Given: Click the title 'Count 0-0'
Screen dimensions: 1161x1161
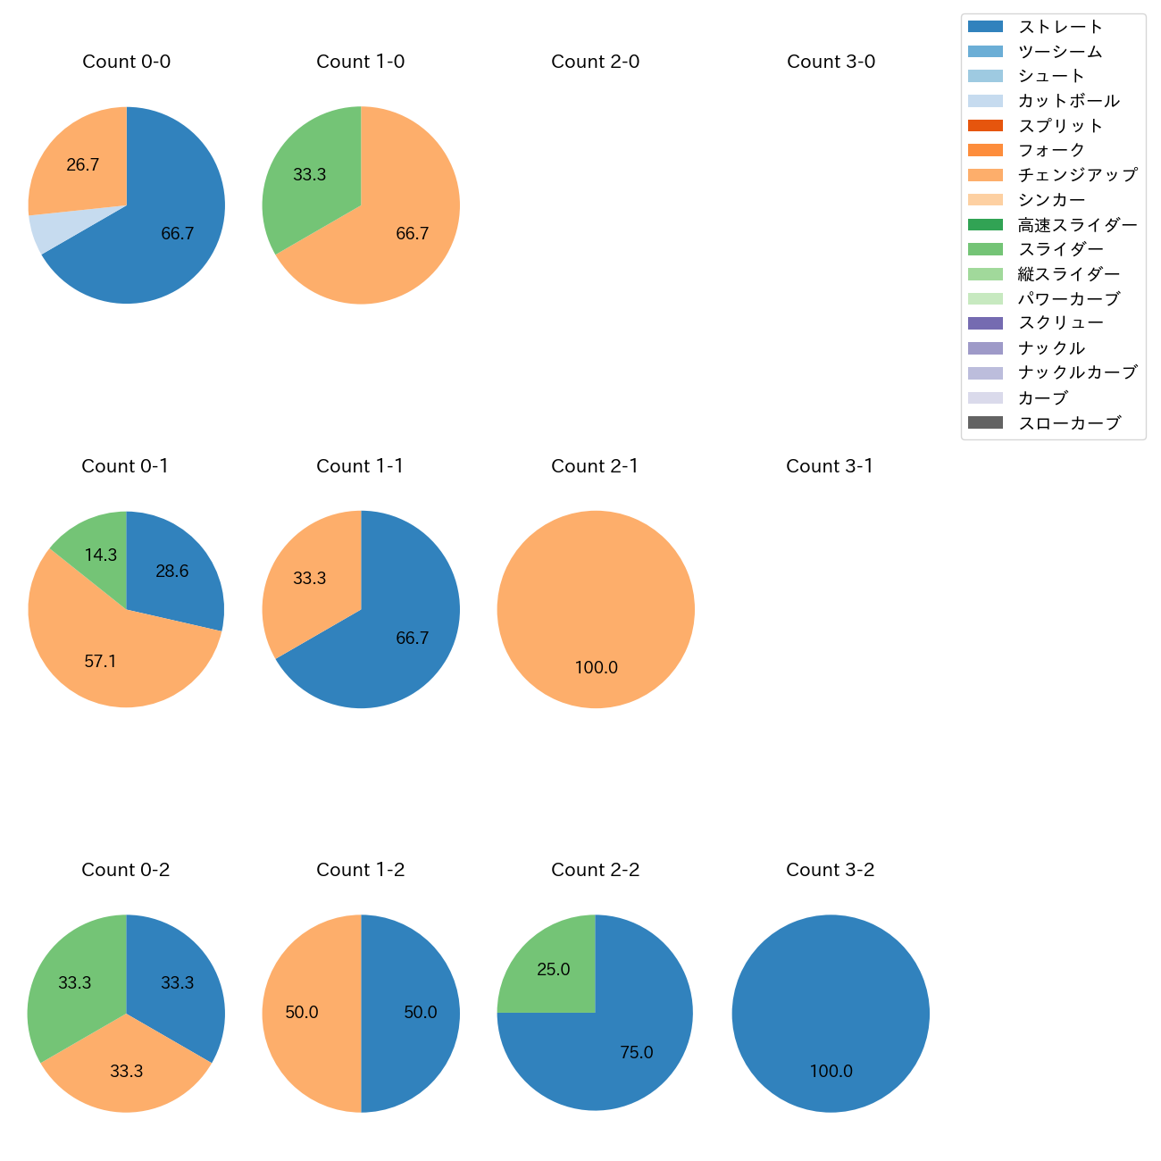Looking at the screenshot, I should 126,62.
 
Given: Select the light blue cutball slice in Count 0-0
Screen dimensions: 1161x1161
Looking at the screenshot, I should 43,230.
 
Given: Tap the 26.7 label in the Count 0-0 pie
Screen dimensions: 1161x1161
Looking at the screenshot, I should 82,165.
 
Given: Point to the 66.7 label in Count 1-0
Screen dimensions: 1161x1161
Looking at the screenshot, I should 412,234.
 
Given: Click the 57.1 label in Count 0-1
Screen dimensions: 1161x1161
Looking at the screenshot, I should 100,662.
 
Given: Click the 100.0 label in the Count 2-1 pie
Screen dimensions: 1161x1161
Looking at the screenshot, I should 596,668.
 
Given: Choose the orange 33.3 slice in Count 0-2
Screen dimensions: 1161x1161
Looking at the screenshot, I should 126,1071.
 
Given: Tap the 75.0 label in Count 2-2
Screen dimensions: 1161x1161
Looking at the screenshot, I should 636,1053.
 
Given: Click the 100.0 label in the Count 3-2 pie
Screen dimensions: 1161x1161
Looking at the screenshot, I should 831,1072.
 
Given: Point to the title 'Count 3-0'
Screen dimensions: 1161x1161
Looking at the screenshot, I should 831,62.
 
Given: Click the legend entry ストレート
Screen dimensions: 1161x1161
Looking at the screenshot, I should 1059,27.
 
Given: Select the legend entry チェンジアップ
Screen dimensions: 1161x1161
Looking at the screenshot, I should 1077,175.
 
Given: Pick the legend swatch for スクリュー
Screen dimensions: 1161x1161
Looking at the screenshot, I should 985,323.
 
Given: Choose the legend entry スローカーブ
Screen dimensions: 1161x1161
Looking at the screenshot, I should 1068,423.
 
